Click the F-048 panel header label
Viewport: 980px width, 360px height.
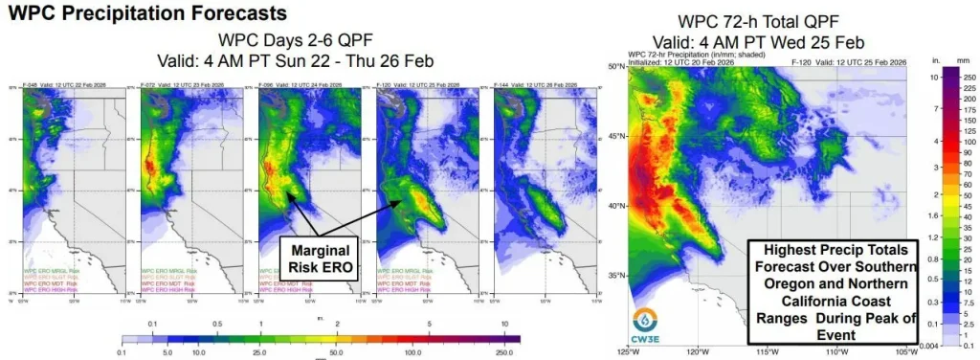[33, 86]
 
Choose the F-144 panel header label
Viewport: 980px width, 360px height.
[504, 86]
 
